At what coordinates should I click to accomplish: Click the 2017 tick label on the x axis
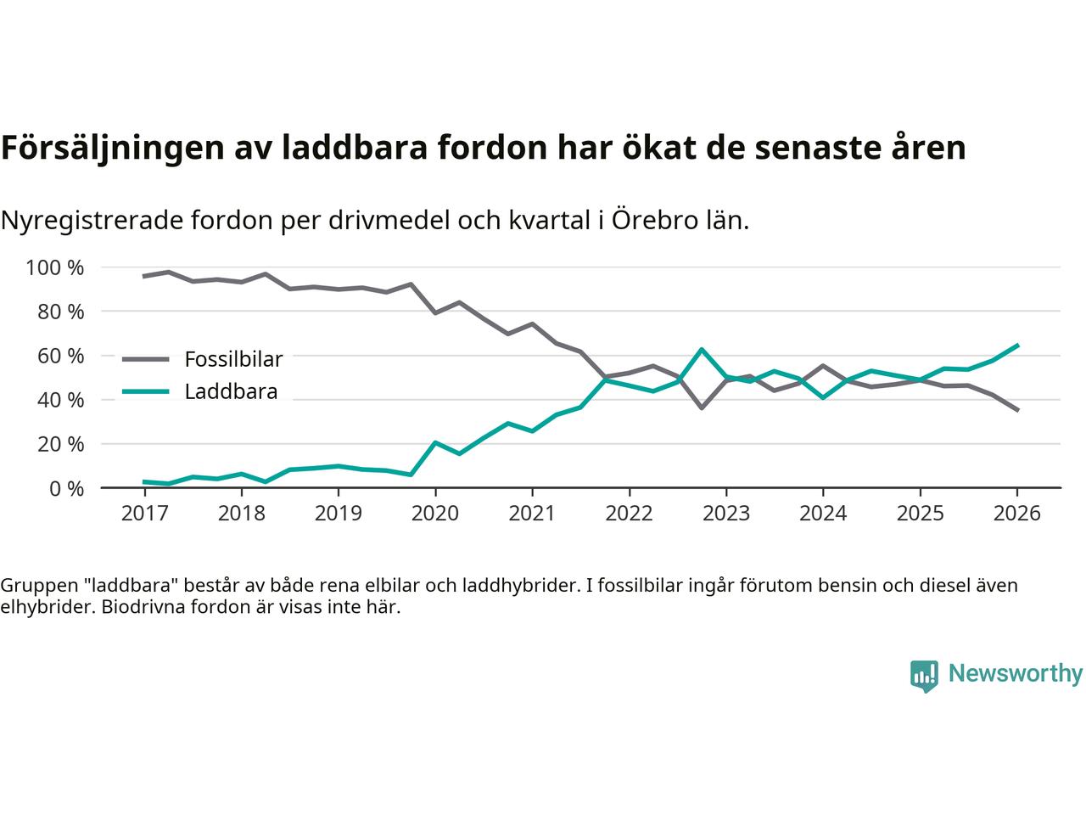[144, 514]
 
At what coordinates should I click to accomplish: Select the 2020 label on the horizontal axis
[435, 514]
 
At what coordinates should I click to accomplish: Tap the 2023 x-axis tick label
[726, 514]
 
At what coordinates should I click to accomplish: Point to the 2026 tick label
[1017, 514]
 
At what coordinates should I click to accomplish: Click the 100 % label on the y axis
[55, 267]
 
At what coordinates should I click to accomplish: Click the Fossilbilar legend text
[233, 359]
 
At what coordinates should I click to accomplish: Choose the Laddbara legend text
[231, 392]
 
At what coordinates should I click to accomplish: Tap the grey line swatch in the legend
[145, 359]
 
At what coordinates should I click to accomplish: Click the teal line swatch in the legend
[145, 391]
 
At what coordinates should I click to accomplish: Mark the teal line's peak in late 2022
[702, 349]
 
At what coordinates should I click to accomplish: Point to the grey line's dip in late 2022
[702, 407]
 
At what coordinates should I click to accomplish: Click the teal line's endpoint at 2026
[1017, 346]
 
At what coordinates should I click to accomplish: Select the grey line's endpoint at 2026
[1017, 410]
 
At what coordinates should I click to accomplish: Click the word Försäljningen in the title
[111, 148]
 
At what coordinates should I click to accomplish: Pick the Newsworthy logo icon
[924, 676]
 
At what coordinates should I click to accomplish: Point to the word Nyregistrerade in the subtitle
[88, 221]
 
